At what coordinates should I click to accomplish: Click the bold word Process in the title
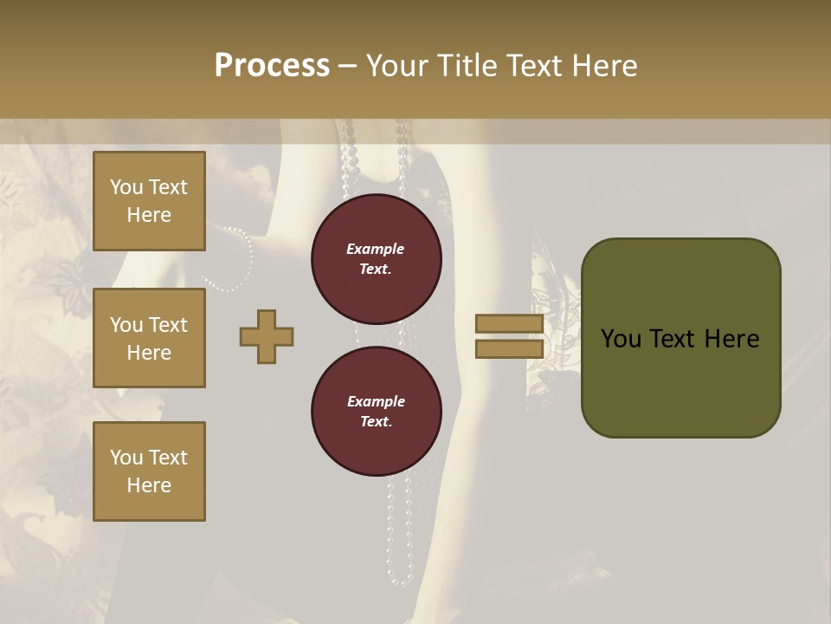[272, 66]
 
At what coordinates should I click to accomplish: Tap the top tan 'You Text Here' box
[149, 201]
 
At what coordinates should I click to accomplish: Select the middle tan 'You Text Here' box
[149, 338]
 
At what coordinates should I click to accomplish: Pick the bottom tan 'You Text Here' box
[149, 471]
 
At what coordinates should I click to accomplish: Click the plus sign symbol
[267, 337]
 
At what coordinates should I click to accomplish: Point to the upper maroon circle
[376, 258]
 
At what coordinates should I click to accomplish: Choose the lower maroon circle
[376, 411]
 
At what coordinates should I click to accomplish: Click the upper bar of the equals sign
[509, 324]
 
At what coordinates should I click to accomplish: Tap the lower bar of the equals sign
[509, 348]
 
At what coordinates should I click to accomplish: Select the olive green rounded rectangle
[680, 338]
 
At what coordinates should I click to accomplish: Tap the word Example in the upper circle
[376, 249]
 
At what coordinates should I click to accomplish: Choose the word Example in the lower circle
[376, 401]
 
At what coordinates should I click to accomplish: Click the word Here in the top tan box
[149, 215]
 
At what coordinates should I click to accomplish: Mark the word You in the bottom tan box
[126, 458]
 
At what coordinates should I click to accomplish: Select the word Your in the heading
[397, 66]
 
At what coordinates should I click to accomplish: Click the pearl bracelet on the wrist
[239, 261]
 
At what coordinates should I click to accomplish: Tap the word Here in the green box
[732, 339]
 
